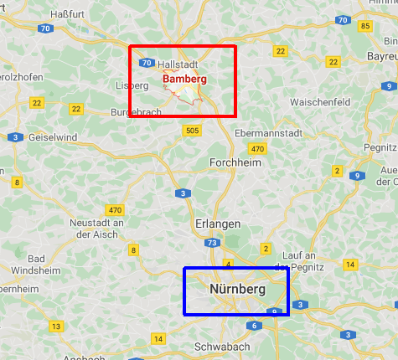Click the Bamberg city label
point(184,79)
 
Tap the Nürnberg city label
point(237,290)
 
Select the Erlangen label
point(218,224)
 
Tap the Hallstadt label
point(177,64)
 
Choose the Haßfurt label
point(68,13)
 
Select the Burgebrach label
point(136,112)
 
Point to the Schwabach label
point(221,346)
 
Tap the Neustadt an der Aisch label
point(96,229)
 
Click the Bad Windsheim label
point(36,264)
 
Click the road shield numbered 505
point(193,130)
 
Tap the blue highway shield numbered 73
point(213,243)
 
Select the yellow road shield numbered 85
point(364,26)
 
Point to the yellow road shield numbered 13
point(56,326)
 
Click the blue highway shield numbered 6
point(253,326)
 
